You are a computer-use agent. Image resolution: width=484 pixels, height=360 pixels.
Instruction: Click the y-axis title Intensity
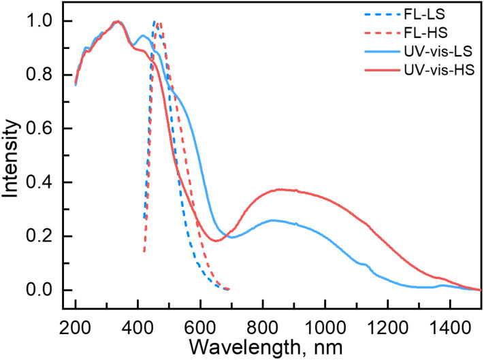click(x=12, y=156)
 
